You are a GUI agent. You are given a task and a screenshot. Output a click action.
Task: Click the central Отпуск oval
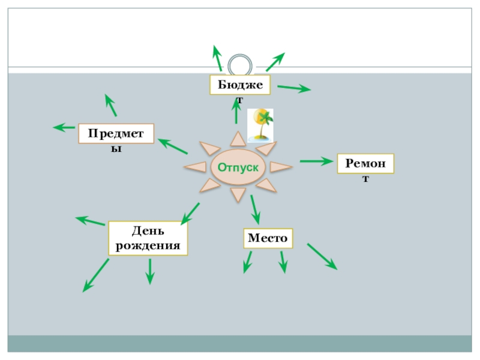tap(238, 167)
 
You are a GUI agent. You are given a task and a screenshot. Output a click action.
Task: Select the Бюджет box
tap(240, 85)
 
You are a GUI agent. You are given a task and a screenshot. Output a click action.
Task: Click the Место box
tap(268, 238)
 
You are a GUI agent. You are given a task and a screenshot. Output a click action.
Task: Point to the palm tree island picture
tap(261, 125)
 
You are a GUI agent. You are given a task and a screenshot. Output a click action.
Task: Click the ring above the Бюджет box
tap(241, 65)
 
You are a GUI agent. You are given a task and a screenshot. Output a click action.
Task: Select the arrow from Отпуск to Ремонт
tap(316, 161)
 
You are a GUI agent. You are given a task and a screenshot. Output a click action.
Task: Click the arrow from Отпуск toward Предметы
tap(172, 146)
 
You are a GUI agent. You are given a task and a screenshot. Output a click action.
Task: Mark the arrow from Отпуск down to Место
tap(255, 209)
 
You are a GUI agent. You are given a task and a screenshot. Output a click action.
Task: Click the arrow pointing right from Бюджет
tap(294, 89)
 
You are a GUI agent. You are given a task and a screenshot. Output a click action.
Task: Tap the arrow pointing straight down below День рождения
tap(150, 271)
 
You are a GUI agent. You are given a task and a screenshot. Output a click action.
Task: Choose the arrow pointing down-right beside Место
tap(322, 256)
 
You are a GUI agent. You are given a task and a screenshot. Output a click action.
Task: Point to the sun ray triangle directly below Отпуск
tap(238, 194)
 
